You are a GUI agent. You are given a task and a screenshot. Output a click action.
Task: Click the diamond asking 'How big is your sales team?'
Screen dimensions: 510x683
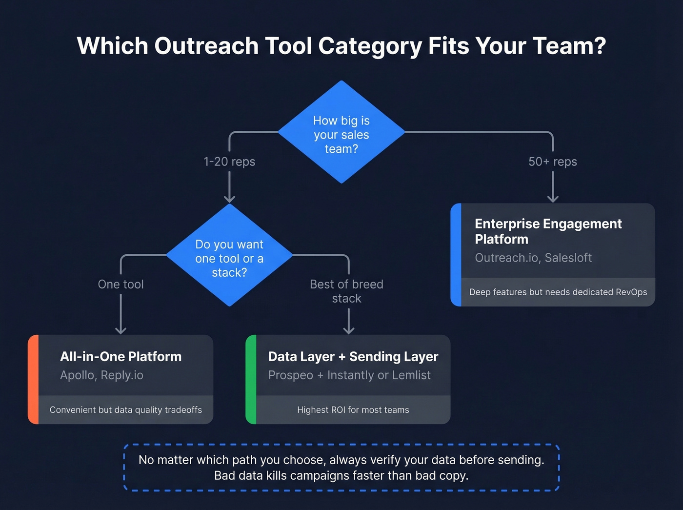(341, 132)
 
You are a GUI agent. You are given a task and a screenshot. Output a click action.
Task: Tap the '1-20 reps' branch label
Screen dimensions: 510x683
(229, 162)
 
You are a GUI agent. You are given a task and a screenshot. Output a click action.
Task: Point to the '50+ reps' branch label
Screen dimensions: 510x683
(553, 162)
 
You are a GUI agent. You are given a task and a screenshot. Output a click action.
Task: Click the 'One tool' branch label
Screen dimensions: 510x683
(121, 284)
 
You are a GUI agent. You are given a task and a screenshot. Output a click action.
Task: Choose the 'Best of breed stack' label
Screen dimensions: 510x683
(347, 291)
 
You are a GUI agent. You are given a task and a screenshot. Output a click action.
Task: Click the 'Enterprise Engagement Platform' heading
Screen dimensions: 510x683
(548, 231)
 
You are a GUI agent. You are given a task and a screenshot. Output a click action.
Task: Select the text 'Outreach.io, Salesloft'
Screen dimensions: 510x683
(533, 258)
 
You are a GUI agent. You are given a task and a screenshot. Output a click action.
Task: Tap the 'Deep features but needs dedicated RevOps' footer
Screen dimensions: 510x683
(558, 292)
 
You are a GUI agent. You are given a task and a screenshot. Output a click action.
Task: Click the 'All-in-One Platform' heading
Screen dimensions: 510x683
(121, 357)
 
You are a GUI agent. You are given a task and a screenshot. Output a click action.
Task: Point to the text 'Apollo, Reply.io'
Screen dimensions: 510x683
(101, 375)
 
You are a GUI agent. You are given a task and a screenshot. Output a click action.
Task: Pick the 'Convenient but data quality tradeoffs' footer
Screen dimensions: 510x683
(126, 410)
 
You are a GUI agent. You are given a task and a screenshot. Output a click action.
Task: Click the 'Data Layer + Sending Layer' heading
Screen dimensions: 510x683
(353, 357)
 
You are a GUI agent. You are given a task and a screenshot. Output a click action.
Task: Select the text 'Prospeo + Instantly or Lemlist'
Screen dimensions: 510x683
(349, 375)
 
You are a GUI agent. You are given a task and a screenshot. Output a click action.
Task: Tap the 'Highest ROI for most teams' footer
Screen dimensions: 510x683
(353, 410)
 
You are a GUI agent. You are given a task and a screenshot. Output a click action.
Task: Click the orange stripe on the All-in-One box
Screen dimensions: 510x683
(33, 379)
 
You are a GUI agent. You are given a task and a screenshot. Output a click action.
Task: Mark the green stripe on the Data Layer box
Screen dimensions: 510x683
(251, 379)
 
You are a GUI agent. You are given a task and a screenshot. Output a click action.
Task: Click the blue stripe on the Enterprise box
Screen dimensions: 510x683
(456, 255)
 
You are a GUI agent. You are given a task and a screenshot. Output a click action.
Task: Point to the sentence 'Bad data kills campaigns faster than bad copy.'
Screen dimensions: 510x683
(341, 476)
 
